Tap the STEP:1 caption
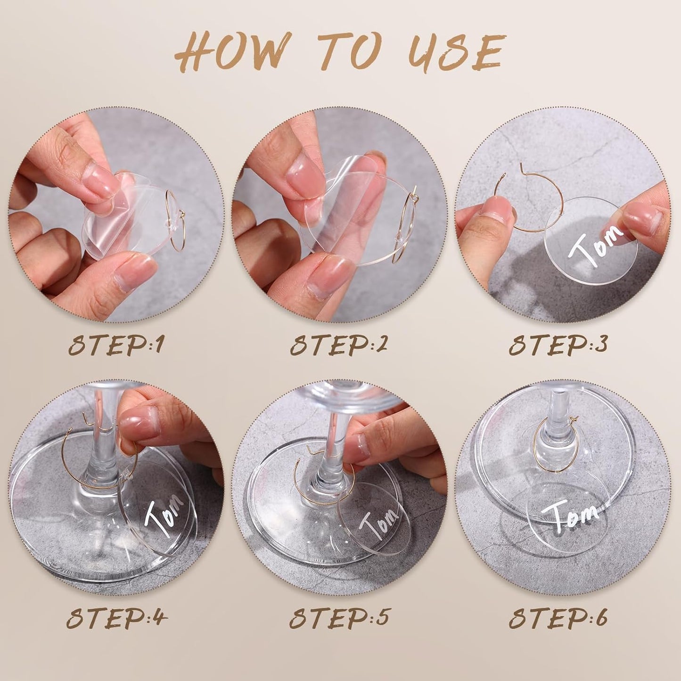click(x=116, y=346)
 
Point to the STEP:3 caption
click(x=558, y=346)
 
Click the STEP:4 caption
click(x=116, y=617)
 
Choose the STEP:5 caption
click(x=339, y=617)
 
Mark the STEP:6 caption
click(x=558, y=617)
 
